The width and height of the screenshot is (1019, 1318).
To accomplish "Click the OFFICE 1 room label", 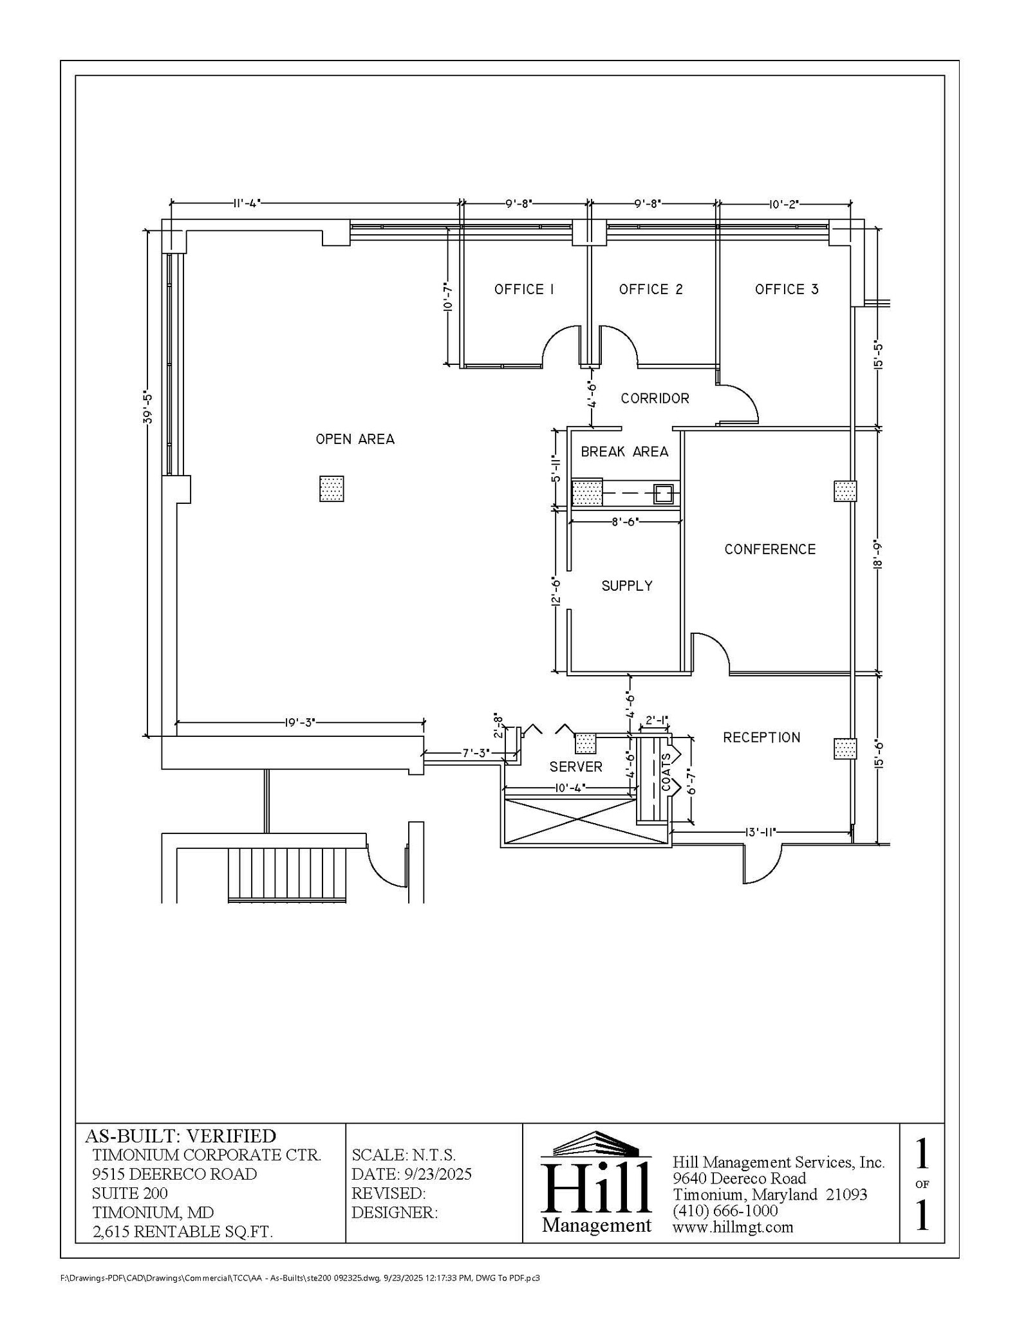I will (524, 290).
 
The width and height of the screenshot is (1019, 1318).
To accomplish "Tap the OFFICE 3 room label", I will (787, 290).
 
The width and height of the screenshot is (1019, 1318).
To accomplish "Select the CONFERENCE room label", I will (770, 549).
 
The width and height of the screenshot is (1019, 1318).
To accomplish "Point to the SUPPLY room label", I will (627, 586).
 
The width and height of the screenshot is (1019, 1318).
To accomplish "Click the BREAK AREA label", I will (624, 452).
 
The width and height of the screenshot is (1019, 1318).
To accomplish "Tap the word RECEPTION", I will (762, 738).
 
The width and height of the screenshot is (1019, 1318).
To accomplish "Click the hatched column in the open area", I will (332, 488).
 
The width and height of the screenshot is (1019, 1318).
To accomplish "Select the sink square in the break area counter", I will (664, 494).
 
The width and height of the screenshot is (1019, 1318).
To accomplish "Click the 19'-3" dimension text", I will (300, 722).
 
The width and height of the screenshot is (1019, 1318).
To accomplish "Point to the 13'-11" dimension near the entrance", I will (760, 832).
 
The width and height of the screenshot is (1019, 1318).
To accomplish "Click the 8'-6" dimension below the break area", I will (624, 522).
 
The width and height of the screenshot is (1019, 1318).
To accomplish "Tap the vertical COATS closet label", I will (666, 772).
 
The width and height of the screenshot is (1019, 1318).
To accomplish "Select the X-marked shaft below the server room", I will (569, 821).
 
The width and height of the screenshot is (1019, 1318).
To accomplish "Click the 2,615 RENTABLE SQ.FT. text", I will (183, 1232).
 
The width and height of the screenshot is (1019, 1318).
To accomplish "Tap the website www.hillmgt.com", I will (733, 1227).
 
